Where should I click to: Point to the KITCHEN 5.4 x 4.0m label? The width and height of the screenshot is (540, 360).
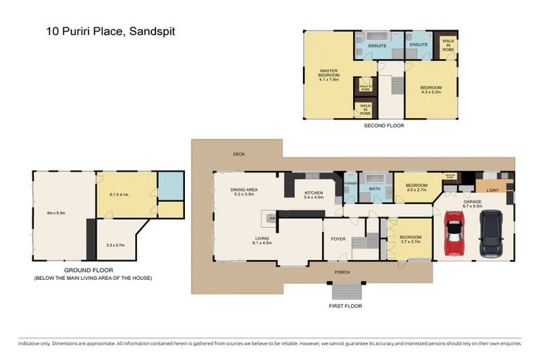tap(313, 195)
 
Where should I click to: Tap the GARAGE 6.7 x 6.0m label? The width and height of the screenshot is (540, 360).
tap(473, 203)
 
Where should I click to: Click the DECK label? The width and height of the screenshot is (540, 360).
tap(239, 154)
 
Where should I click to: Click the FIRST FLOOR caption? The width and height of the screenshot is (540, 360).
tap(347, 307)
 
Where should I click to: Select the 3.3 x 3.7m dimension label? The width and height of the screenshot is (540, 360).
tap(115, 245)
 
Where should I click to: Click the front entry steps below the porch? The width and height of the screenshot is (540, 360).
tap(347, 291)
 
